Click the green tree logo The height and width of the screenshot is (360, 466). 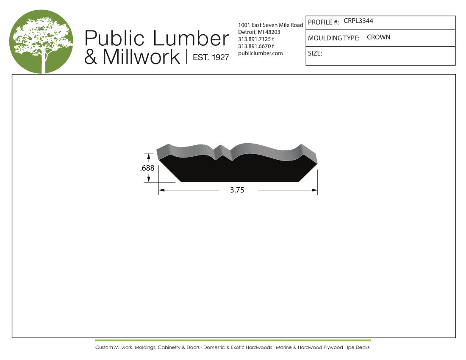(x=42, y=42)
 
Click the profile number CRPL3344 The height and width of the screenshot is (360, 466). (x=358, y=21)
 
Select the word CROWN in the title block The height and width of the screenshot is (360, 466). (x=378, y=37)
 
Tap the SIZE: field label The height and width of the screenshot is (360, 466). (x=315, y=53)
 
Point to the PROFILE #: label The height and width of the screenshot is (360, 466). (x=323, y=22)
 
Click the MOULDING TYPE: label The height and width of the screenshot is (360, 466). (x=333, y=38)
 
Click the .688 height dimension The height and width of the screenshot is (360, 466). (x=147, y=168)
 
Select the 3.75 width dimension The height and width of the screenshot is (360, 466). (x=237, y=190)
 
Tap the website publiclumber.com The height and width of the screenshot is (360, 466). (x=261, y=53)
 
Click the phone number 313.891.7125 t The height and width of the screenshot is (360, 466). (x=256, y=39)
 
